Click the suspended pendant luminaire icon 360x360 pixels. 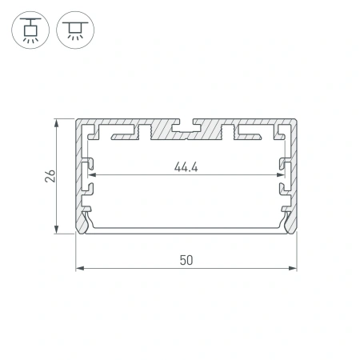(x=30, y=30)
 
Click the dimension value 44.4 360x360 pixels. (x=185, y=166)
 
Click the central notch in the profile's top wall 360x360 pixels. (x=186, y=126)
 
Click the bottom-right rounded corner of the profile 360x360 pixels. (x=294, y=232)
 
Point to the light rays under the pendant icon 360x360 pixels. (x=30, y=38)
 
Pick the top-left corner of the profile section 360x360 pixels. (x=77, y=122)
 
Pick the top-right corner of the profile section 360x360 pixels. (x=295, y=122)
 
